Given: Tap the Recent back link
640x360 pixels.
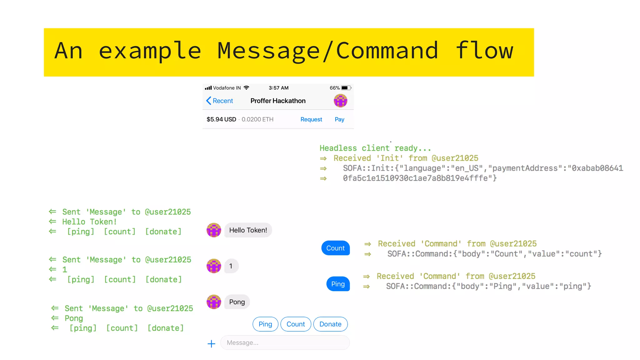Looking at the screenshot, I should pos(220,101).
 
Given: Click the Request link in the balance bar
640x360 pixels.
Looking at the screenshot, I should pos(311,119).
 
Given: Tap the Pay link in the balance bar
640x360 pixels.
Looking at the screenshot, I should pos(339,119).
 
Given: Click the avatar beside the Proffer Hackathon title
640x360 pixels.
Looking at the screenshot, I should pos(340,101).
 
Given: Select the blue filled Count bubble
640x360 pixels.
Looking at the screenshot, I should pos(335,248).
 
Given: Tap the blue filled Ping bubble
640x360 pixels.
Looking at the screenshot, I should pos(338,284).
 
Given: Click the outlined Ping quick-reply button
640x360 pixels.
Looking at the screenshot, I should pos(265,324).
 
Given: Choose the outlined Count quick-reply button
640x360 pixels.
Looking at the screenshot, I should pos(296,324).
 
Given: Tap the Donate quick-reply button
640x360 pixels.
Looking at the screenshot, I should pos(330,324).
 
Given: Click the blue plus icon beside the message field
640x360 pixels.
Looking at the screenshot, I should pos(212,344).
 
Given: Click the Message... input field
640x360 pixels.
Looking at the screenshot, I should pos(285,342).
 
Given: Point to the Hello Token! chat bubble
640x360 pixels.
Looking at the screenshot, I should pos(248,230).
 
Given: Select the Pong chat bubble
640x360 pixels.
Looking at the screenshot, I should pos(237,302).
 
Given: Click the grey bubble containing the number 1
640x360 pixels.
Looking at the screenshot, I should pos(231,266).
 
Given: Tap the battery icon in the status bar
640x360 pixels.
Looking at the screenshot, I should pos(346,88).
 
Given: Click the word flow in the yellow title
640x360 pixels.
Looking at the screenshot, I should pos(484,51).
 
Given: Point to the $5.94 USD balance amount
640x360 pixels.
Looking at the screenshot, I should pos(221,119).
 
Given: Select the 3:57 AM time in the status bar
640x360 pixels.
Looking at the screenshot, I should pos(278,88).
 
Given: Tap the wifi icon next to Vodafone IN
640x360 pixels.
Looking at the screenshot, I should pos(247,88).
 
